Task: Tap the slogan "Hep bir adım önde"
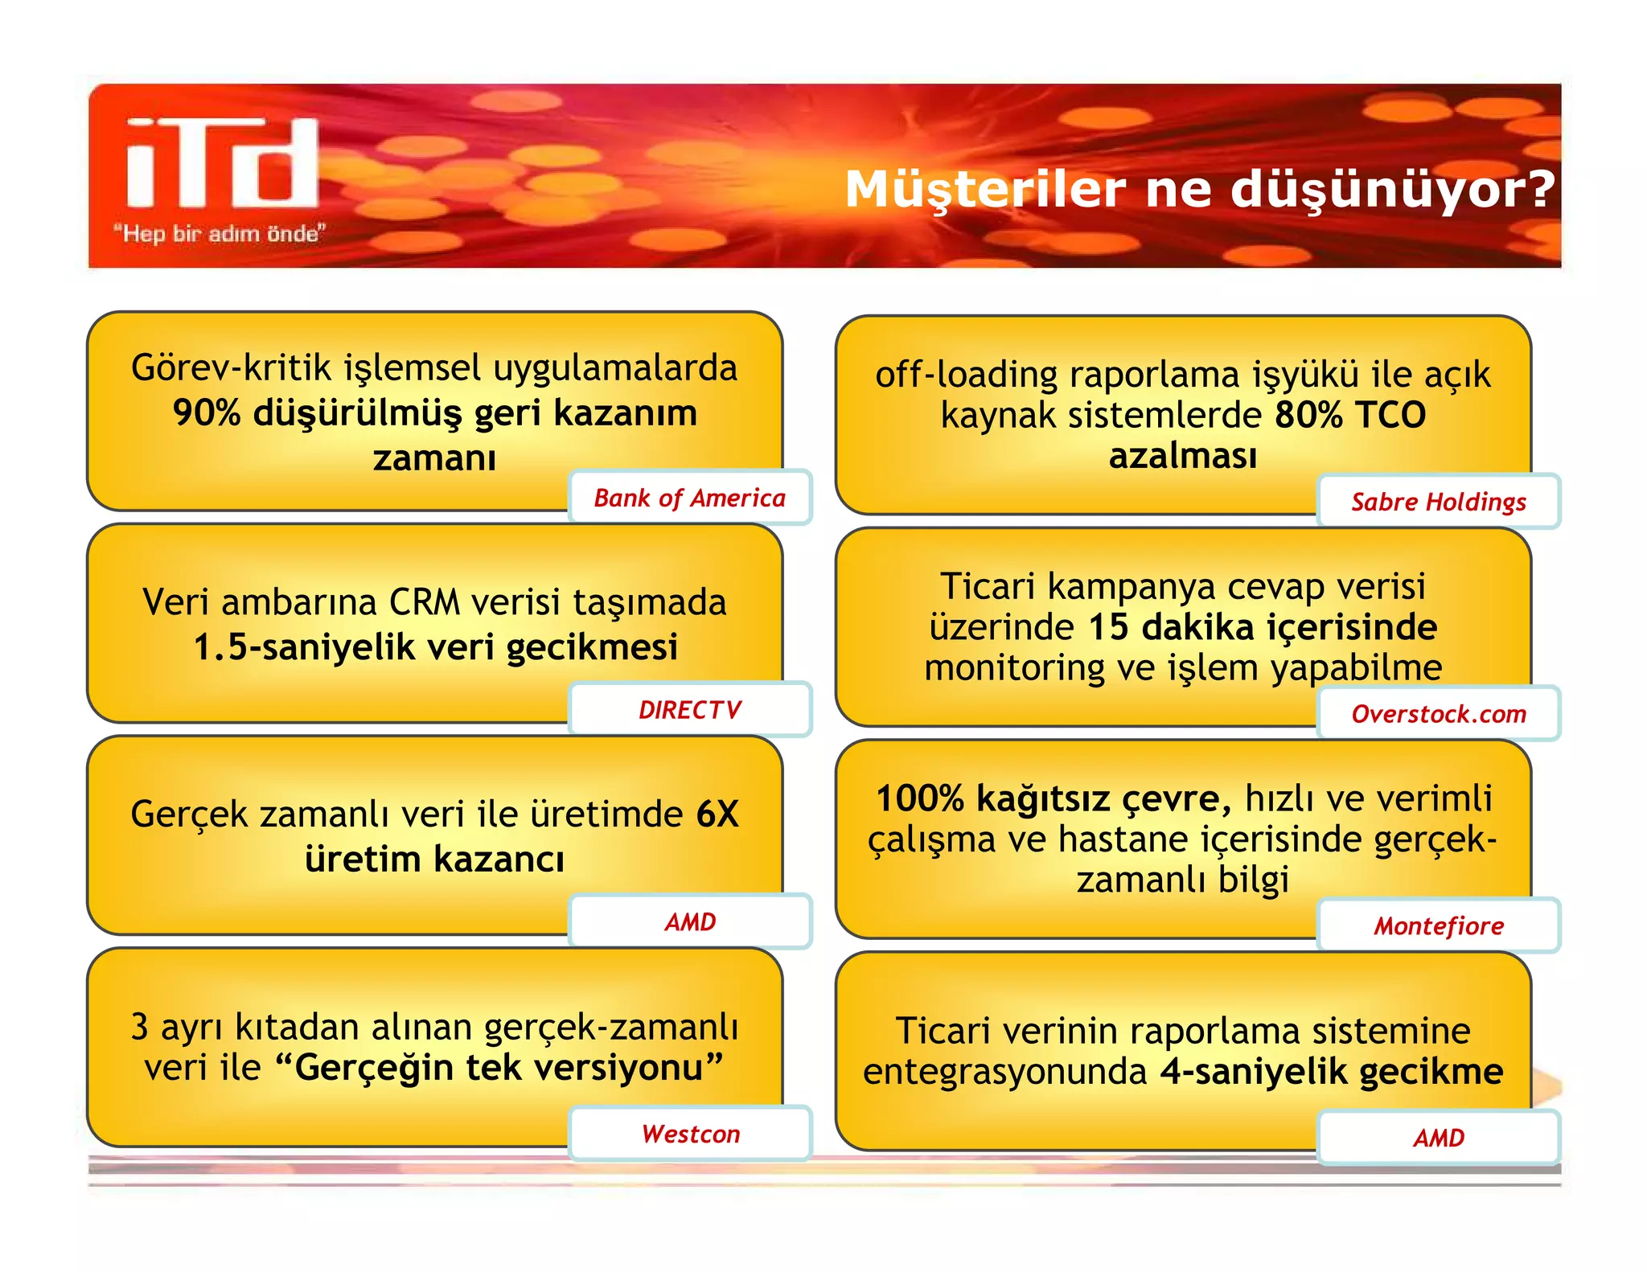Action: [219, 234]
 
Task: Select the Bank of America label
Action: [689, 498]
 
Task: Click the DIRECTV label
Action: [689, 710]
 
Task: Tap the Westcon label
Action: [689, 1134]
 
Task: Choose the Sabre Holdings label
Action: [1438, 502]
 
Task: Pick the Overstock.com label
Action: [1438, 714]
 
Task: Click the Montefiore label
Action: [1438, 926]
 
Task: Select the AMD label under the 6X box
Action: [689, 921]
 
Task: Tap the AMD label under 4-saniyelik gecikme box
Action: [1438, 1138]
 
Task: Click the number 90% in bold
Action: [206, 413]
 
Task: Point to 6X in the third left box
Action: [717, 814]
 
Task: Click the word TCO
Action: [1390, 416]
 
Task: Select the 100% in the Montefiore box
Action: [919, 799]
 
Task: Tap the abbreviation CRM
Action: [425, 602]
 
